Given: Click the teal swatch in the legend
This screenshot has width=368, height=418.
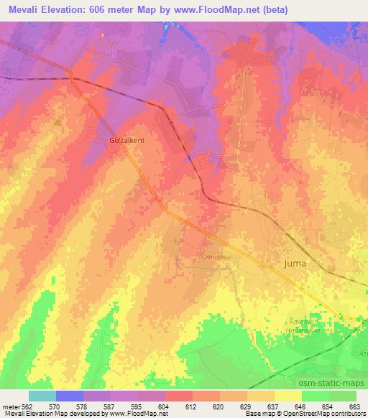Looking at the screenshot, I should (42, 396).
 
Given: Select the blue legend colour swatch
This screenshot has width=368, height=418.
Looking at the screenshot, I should (69, 396).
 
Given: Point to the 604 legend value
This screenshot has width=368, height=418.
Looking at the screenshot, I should (166, 406).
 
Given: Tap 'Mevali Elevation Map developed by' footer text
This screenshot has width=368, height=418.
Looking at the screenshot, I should (49, 414).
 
